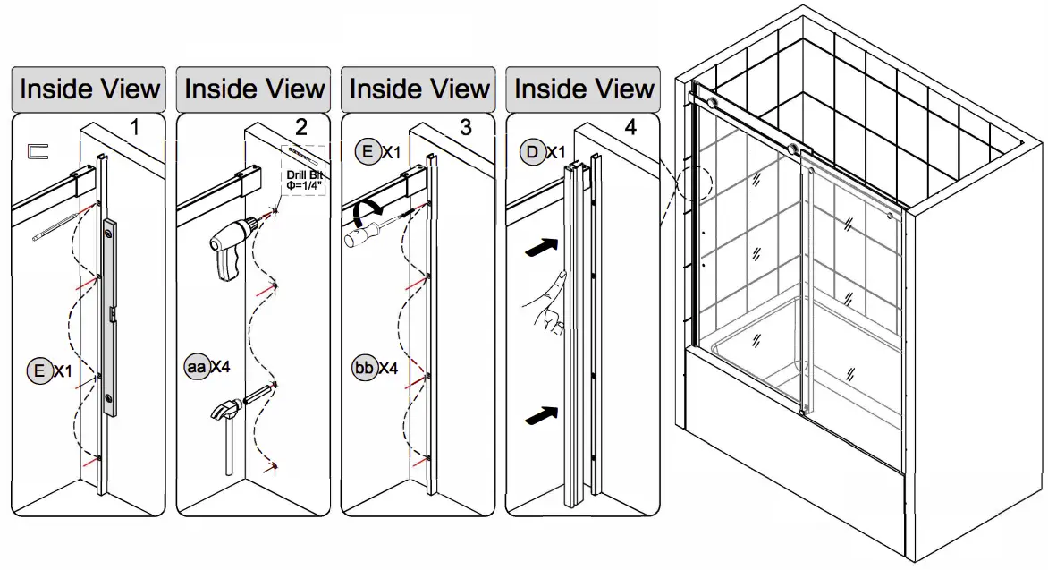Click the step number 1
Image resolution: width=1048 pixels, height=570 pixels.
pos(134,127)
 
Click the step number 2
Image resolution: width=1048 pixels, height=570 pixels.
pos(300,127)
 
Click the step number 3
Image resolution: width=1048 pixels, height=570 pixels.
pos(466,127)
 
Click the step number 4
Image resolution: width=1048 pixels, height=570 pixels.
pos(631,127)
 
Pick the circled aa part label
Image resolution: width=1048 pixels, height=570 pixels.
pos(196,367)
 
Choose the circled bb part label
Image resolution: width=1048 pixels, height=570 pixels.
pos(364,368)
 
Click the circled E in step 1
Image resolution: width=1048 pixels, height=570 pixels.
pos(39,370)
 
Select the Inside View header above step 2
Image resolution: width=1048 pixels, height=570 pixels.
pos(254,89)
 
